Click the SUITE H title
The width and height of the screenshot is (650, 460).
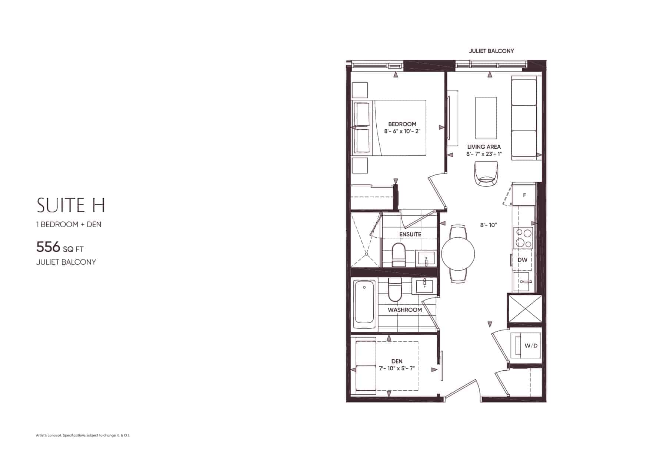pos(71,205)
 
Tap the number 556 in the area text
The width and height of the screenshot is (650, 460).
pos(48,246)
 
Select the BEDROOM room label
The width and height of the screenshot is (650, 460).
pos(402,124)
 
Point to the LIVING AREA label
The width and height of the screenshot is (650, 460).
pos(484,147)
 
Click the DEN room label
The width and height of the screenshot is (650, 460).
pos(397,361)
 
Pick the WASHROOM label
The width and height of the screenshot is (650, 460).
pos(405,310)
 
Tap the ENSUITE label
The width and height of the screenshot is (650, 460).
pos(410,234)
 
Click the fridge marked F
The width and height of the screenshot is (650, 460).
pos(524,195)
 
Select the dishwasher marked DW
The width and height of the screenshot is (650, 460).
pos(522,260)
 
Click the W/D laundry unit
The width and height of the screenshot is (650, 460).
pos(526,345)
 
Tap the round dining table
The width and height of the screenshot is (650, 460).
pos(458,254)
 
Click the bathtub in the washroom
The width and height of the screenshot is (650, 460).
pos(364,304)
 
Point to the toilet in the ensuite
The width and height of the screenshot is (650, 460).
pos(399,254)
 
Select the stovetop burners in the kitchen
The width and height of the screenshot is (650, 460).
pos(523,238)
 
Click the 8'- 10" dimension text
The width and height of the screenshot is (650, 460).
pos(489,225)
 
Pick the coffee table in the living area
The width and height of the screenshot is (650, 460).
pos(486,118)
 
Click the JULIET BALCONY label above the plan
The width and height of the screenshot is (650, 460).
pos(491,51)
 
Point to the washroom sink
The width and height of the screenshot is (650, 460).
pos(424,286)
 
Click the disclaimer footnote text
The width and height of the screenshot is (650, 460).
pos(83,435)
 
